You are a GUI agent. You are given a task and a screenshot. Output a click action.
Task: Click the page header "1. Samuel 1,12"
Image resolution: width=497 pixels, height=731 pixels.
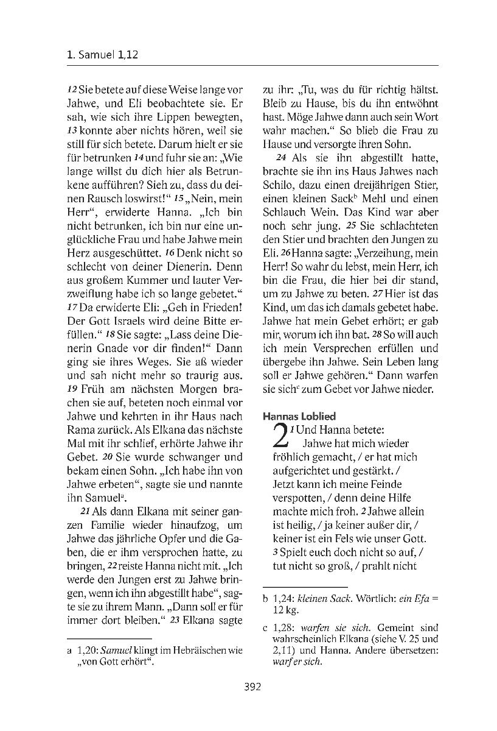(103, 55)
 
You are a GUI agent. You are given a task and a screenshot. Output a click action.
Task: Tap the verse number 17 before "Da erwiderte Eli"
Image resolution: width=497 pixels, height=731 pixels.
(73, 308)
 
